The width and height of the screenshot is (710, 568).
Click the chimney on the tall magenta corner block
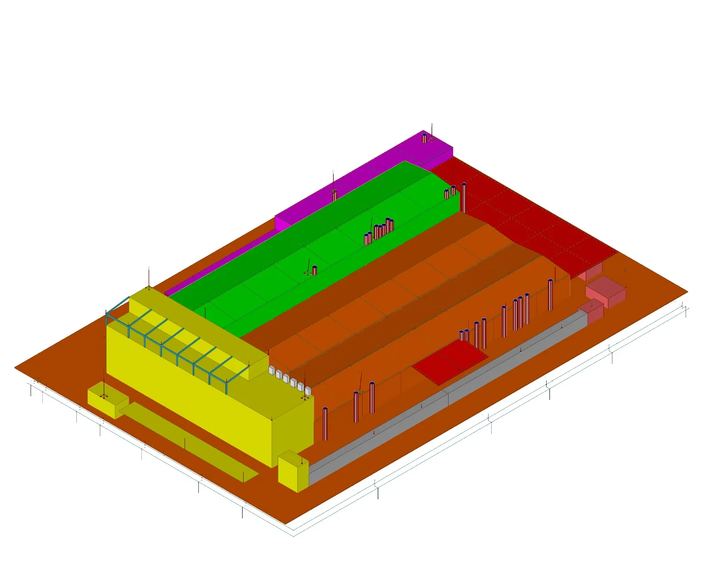(424, 138)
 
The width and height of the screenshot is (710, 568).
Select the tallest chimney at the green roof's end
(464, 197)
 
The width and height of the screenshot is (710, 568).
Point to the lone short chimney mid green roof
(315, 270)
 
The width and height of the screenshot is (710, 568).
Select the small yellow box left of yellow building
(106, 402)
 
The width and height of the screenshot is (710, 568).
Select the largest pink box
(606, 291)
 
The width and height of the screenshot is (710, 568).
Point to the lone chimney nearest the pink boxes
(550, 295)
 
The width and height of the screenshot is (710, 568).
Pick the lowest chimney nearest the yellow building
(325, 424)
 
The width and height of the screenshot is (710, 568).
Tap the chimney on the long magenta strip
(335, 195)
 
